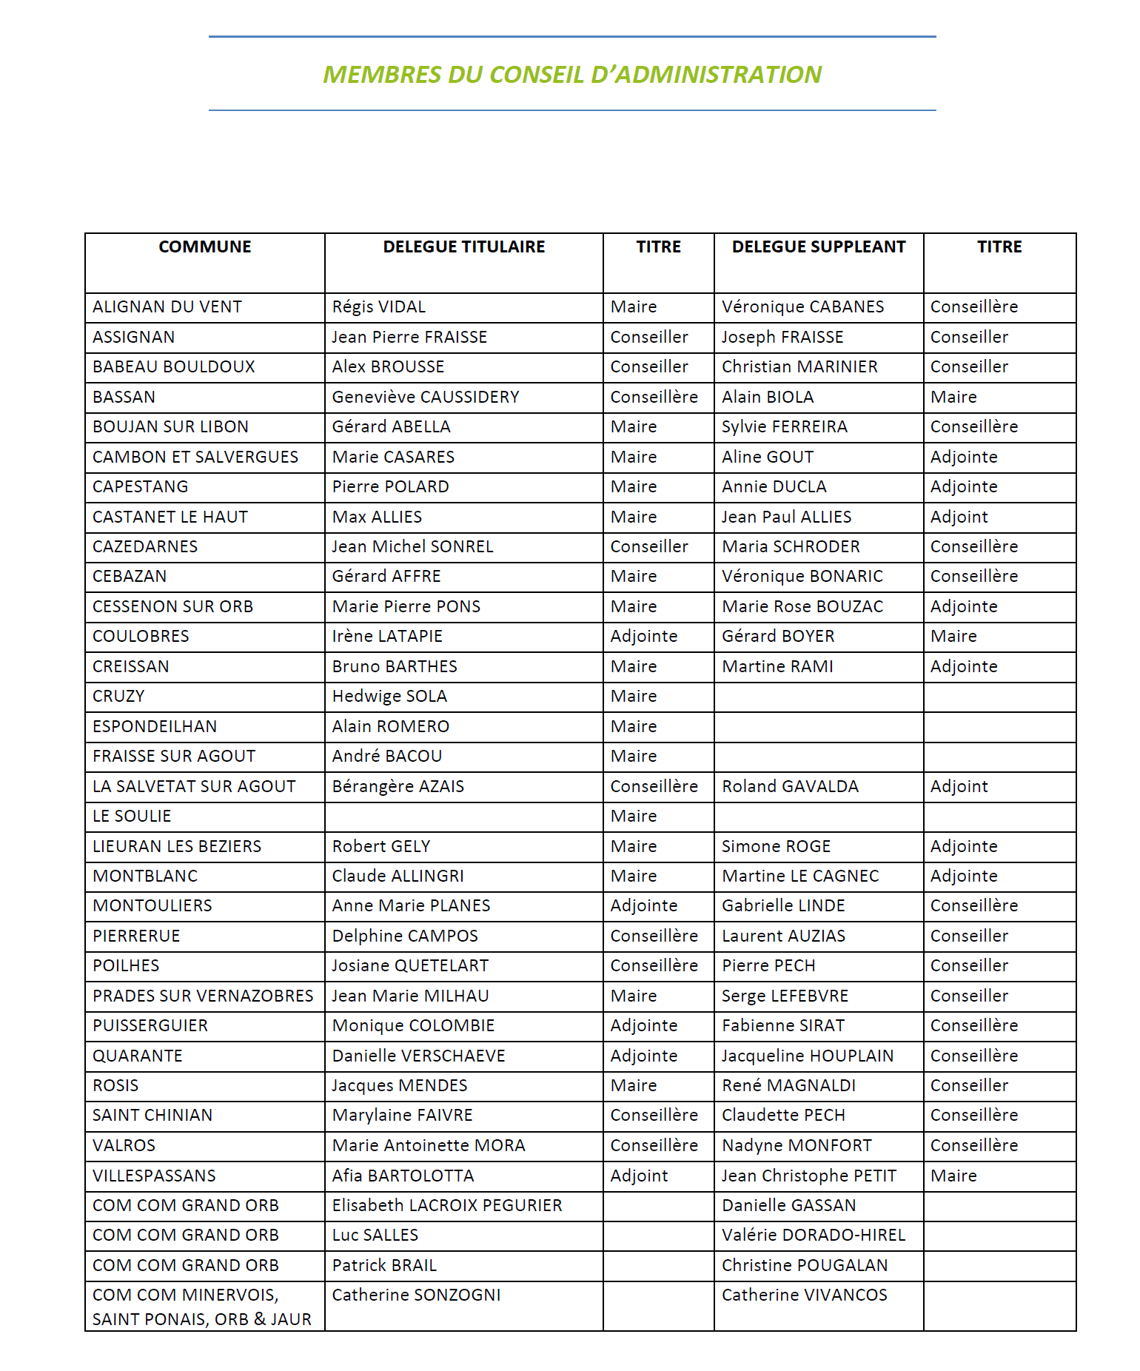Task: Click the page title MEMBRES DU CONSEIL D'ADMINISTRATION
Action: pyautogui.click(x=572, y=75)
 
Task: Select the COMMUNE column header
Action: pyautogui.click(x=205, y=247)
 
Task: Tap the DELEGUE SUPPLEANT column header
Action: pyautogui.click(x=819, y=247)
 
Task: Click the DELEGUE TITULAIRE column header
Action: pyautogui.click(x=464, y=247)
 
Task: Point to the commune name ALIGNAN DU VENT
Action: pyautogui.click(x=167, y=307)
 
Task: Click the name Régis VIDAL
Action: pyautogui.click(x=379, y=307)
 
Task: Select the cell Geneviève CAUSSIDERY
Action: pyautogui.click(x=426, y=398)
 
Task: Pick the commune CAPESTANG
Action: pyautogui.click(x=141, y=487)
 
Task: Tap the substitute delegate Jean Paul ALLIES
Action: pyautogui.click(x=787, y=517)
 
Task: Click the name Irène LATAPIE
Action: pyautogui.click(x=387, y=637)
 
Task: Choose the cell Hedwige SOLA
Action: pyautogui.click(x=389, y=697)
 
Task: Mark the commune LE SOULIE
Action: pyautogui.click(x=132, y=817)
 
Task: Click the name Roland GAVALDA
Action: pyautogui.click(x=791, y=787)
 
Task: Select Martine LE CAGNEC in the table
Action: pyautogui.click(x=800, y=876)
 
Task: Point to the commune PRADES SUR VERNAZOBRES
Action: pyautogui.click(x=203, y=996)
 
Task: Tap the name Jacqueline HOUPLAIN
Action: pyautogui.click(x=808, y=1056)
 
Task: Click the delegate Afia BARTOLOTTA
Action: pyautogui.click(x=403, y=1176)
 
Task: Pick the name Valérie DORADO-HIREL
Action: pyautogui.click(x=814, y=1236)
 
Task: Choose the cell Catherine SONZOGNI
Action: pyautogui.click(x=417, y=1295)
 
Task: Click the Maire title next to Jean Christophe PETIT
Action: pyautogui.click(x=953, y=1176)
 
